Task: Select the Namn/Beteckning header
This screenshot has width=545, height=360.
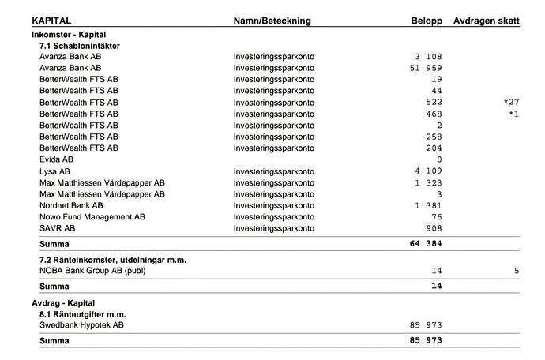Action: click(x=272, y=21)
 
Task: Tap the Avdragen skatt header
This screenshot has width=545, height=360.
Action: click(x=486, y=21)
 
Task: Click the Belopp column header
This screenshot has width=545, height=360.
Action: click(x=426, y=21)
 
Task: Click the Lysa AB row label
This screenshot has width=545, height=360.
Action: click(x=54, y=171)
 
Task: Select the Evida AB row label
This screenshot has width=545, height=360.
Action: click(x=56, y=159)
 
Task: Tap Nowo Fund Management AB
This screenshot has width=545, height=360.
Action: click(x=92, y=216)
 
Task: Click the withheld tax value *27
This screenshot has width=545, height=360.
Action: click(x=511, y=103)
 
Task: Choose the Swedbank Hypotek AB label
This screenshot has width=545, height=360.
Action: click(x=81, y=325)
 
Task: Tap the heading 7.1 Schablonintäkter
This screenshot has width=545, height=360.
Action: click(x=80, y=46)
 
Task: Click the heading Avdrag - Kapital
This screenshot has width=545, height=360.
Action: click(x=63, y=302)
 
